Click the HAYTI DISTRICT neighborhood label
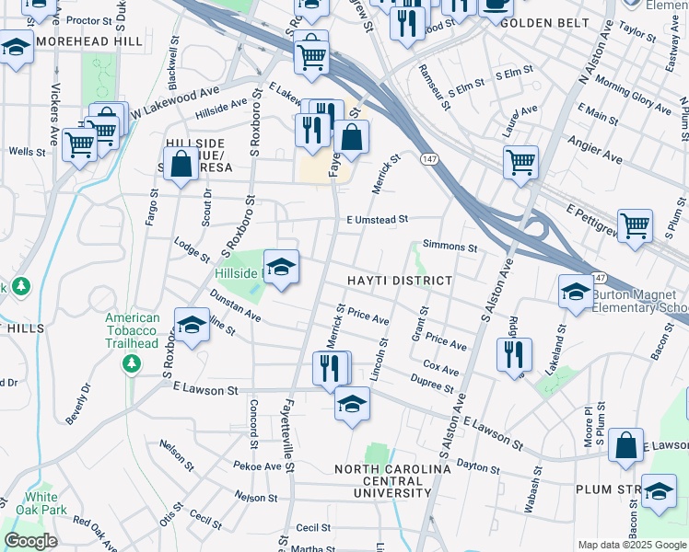tap(400, 281)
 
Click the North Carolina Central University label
tap(392, 480)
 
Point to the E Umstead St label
tap(377, 219)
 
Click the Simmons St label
tap(450, 247)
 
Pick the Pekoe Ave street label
tap(259, 466)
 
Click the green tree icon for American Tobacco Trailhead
tap(132, 364)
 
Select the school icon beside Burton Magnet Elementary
tap(576, 293)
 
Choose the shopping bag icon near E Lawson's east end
tap(625, 444)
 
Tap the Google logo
tap(30, 541)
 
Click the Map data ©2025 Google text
tap(631, 545)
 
